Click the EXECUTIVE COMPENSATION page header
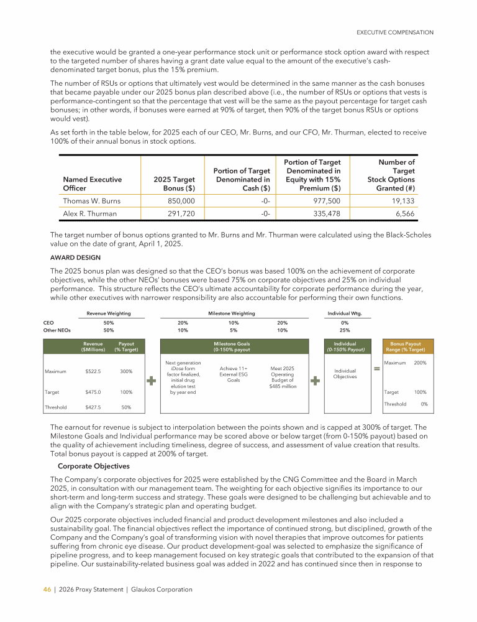click(394, 32)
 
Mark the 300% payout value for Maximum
click(126, 371)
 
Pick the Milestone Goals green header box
click(232, 346)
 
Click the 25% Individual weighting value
click(345, 330)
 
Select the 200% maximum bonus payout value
click(420, 363)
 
